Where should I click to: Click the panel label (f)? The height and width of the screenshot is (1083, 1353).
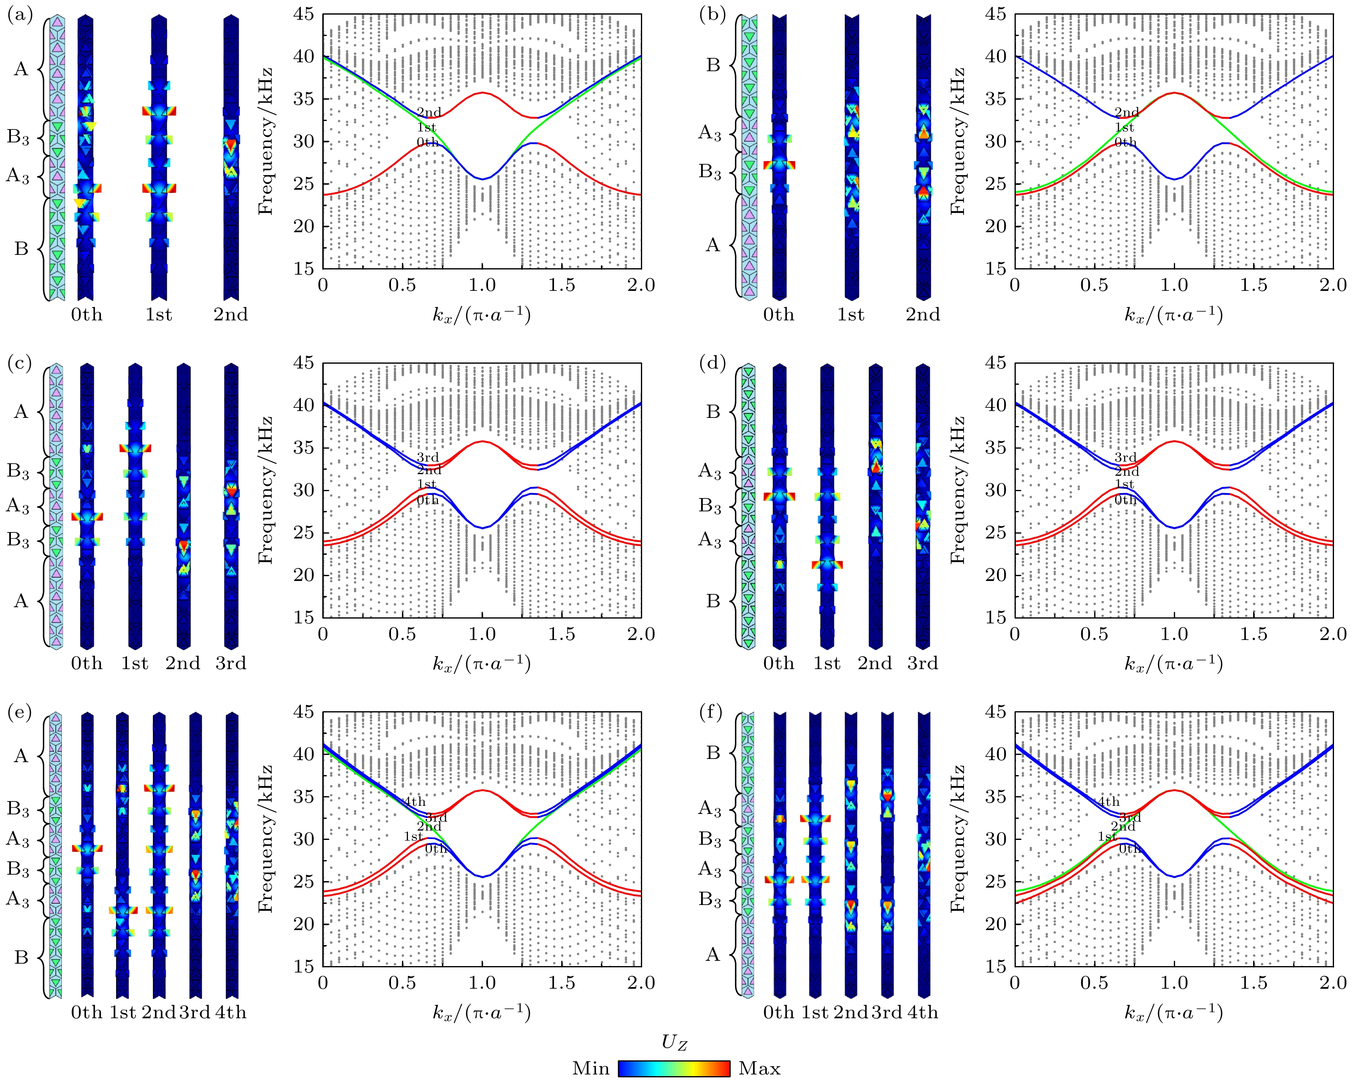coord(711,712)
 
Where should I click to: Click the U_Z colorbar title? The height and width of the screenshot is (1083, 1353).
coord(674,1043)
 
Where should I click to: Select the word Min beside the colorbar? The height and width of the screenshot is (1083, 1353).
coord(590,1068)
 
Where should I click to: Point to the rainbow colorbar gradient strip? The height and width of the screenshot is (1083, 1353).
coord(674,1068)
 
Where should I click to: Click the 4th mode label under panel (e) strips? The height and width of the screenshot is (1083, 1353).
coord(231,1012)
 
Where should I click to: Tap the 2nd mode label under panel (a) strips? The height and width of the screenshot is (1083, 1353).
coord(231,314)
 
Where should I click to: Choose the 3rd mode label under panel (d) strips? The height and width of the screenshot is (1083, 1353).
coord(922,663)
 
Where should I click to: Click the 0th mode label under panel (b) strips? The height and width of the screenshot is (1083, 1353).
coord(779,314)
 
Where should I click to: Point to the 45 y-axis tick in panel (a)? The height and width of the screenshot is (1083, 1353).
coord(304,15)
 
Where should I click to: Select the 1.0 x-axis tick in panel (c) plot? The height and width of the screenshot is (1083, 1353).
coord(482,634)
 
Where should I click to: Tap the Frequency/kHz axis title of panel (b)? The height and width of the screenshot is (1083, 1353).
coord(958,141)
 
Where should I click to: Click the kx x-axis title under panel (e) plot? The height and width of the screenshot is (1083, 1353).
coord(482,1012)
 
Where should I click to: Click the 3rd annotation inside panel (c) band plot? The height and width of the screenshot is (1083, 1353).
coord(428,458)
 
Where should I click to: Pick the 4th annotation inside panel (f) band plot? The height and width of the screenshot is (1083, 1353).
coord(1108,802)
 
